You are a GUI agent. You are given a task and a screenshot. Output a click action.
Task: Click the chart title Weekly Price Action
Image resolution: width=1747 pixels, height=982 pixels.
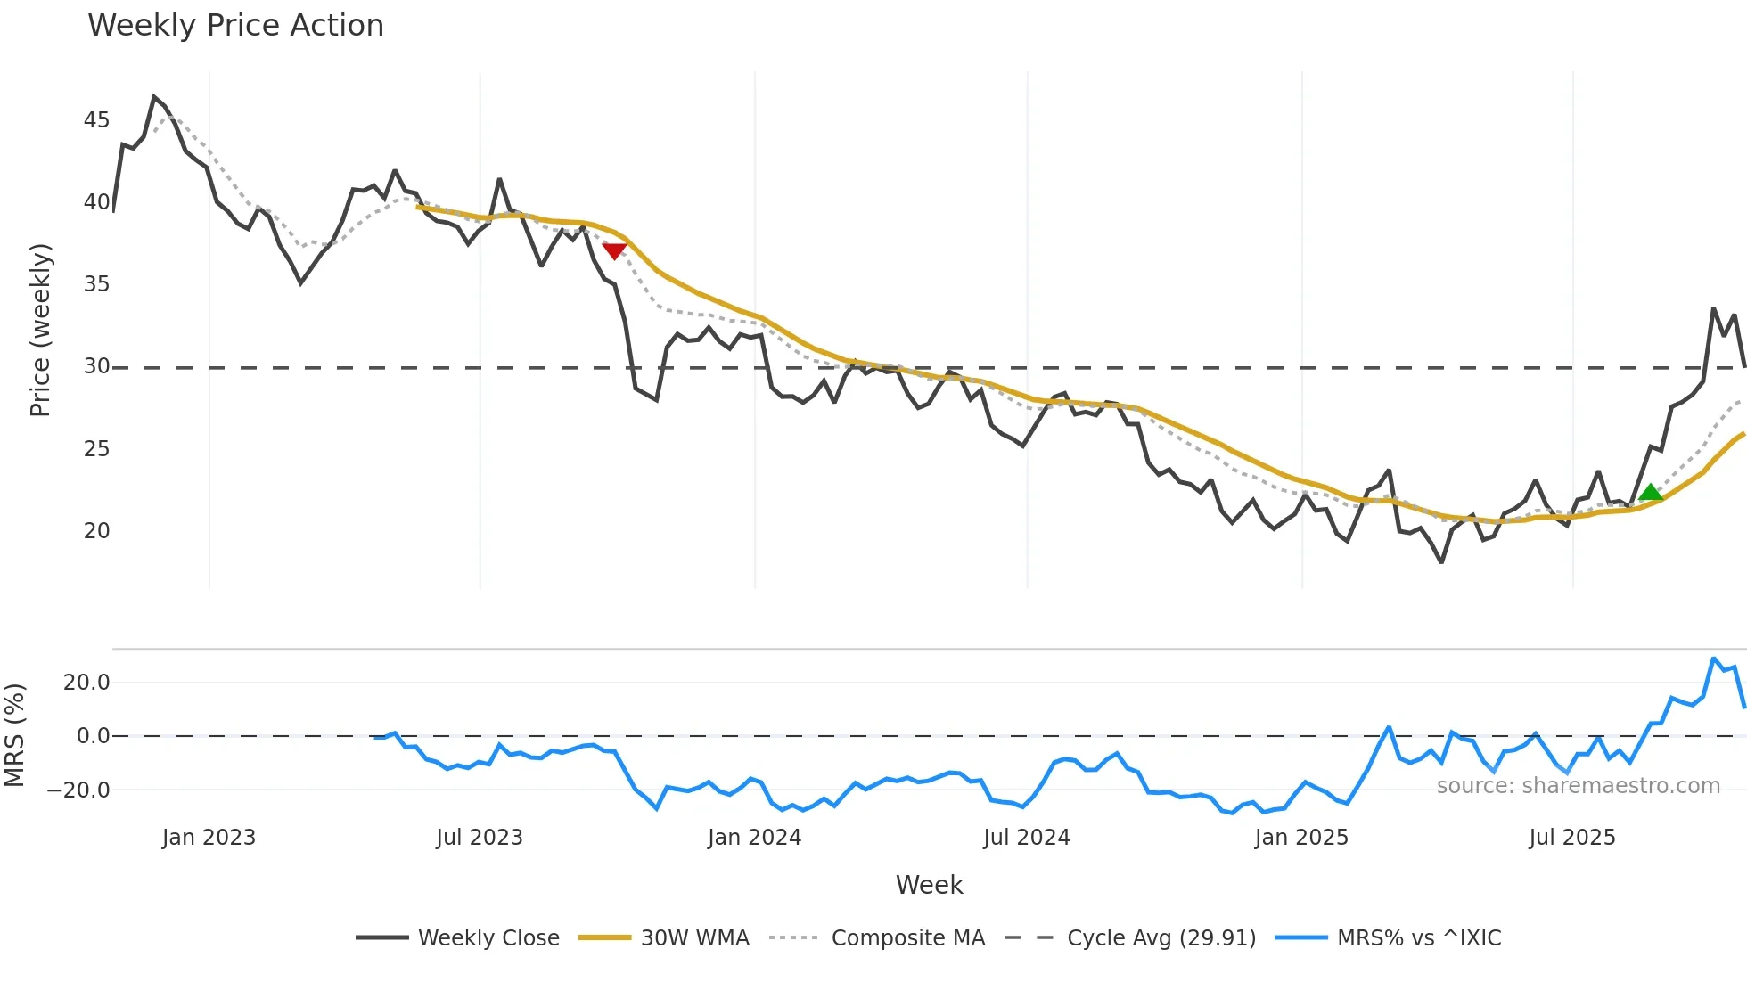coord(235,26)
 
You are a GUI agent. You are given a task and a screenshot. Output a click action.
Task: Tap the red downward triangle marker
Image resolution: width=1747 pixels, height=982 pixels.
coord(614,251)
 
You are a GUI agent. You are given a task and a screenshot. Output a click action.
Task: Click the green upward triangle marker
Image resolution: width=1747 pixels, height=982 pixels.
coord(1650,493)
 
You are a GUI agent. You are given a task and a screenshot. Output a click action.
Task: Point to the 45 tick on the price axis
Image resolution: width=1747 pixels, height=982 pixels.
coord(96,120)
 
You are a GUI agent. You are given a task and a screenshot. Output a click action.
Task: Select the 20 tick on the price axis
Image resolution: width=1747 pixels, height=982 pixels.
coord(96,531)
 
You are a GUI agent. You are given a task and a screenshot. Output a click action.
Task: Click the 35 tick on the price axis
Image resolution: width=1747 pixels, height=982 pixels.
coord(96,284)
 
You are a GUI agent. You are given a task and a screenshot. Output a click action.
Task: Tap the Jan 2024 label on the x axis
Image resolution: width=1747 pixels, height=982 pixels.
coord(754,838)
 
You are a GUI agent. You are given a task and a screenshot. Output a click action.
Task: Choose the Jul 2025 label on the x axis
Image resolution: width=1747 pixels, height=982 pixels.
coord(1571,838)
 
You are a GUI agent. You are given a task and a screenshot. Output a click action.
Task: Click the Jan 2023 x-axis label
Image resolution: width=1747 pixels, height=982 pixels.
coord(209,838)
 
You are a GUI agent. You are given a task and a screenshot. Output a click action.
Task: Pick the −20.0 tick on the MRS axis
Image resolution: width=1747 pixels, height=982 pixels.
coord(78,790)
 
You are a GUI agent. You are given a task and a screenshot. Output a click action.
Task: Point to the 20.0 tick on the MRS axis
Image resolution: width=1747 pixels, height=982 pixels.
coord(86,683)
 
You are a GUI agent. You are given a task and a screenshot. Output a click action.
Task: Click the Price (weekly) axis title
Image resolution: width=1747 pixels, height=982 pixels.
coord(40,330)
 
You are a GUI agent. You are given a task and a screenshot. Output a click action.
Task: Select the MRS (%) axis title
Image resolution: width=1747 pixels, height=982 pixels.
coord(14,735)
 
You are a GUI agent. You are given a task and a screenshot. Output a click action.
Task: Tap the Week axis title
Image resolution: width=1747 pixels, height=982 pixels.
coord(929,885)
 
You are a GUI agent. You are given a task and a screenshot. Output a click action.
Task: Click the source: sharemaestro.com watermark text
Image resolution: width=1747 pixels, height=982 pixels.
coord(1578,786)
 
